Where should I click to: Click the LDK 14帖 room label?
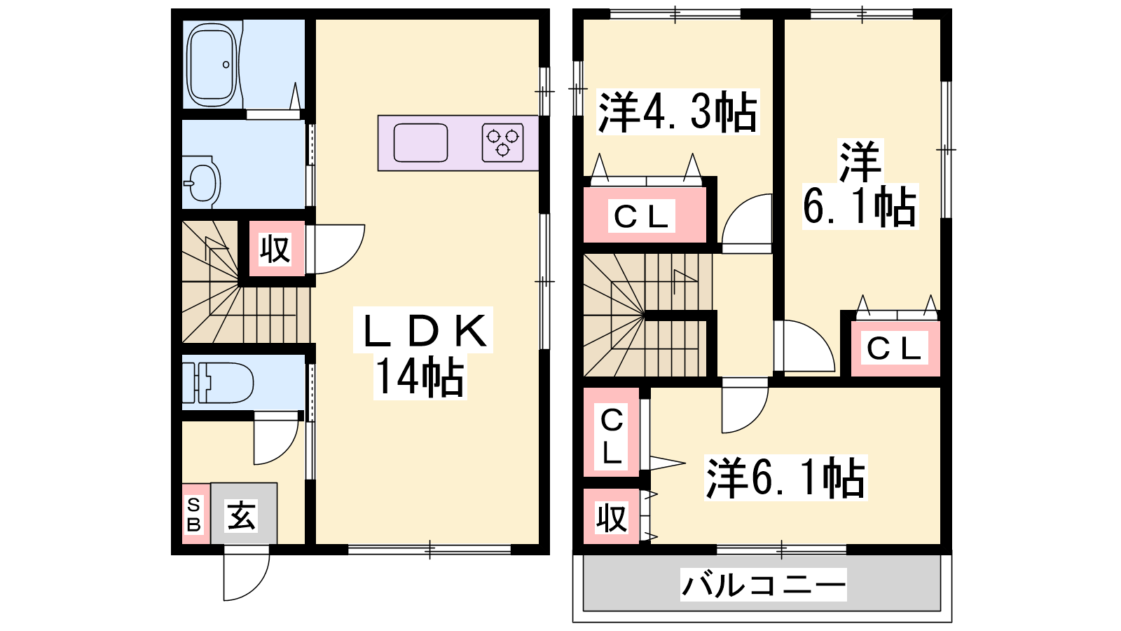tap(423, 353)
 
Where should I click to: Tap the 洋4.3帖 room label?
tap(678, 111)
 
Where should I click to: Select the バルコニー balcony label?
tap(764, 585)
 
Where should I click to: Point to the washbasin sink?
tap(202, 182)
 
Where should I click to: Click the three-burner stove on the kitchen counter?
tap(502, 143)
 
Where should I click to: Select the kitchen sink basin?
tap(420, 143)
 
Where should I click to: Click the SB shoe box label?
tap(193, 514)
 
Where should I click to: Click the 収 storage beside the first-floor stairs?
tap(275, 248)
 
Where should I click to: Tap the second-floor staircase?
tap(648, 315)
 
